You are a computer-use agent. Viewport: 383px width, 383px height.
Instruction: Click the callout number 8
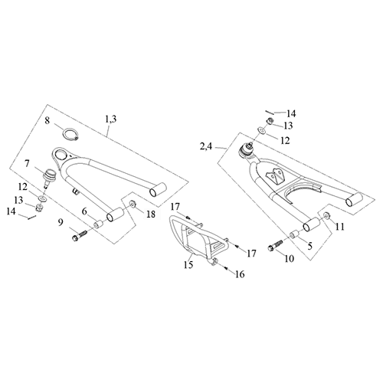47,120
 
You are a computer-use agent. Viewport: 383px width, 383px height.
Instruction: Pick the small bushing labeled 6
99,224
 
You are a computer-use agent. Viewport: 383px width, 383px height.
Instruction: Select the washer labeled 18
131,205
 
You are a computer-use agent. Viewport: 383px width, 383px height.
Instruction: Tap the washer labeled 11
326,218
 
